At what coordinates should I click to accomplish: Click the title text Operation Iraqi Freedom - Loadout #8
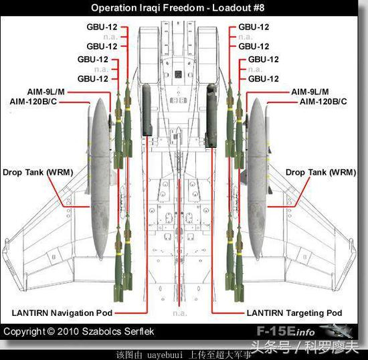click(x=178, y=8)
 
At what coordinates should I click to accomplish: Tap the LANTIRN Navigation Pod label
click(x=62, y=313)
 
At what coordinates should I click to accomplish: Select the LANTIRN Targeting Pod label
click(x=294, y=313)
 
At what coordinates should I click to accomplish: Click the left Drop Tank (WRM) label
click(x=37, y=172)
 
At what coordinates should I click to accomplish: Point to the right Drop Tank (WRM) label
click(x=320, y=172)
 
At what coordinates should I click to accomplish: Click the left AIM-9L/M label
click(x=46, y=92)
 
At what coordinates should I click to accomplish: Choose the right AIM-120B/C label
click(x=323, y=102)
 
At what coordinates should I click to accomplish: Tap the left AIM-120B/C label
click(x=33, y=102)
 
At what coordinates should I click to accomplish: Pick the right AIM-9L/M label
click(x=310, y=92)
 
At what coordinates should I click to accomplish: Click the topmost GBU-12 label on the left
click(x=102, y=27)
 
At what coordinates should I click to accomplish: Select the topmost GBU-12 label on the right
click(x=254, y=27)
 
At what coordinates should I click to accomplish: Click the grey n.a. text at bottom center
click(x=180, y=313)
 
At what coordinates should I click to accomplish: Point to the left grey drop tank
click(x=100, y=179)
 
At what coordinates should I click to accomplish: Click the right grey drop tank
click(x=256, y=179)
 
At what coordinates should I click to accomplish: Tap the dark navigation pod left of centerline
click(x=147, y=110)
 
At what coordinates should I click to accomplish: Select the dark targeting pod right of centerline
click(x=211, y=116)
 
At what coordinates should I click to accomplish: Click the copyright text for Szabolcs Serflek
click(x=79, y=331)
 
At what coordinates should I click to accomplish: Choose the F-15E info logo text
click(x=286, y=331)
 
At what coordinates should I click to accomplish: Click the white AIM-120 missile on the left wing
click(x=88, y=149)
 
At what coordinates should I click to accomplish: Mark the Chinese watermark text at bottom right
click(x=304, y=347)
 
